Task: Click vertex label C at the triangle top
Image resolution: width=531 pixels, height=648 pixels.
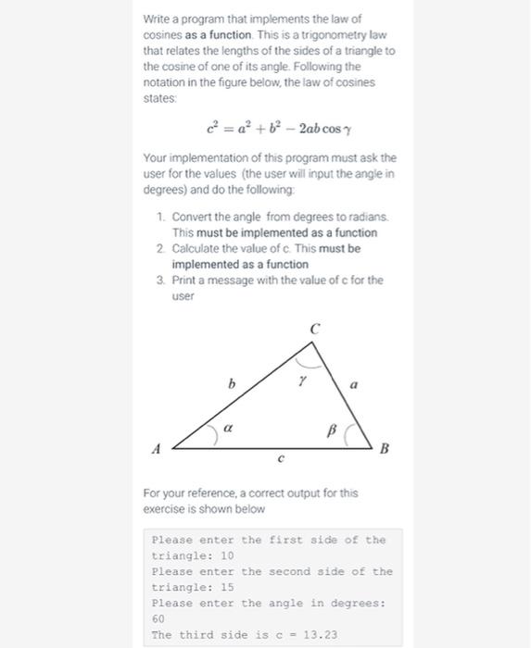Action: pyautogui.click(x=315, y=328)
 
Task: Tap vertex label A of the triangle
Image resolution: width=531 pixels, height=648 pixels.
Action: pyautogui.click(x=157, y=449)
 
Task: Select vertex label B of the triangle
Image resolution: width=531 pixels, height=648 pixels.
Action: pyautogui.click(x=384, y=449)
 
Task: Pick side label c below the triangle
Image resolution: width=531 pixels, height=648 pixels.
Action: pyautogui.click(x=281, y=458)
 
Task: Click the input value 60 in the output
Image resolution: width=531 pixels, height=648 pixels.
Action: pyautogui.click(x=158, y=619)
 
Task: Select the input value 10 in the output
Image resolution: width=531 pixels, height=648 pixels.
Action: pyautogui.click(x=227, y=556)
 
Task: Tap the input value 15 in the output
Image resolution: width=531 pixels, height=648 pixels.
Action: pyautogui.click(x=227, y=588)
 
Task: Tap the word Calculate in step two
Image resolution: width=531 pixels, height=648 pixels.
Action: pyautogui.click(x=197, y=248)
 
